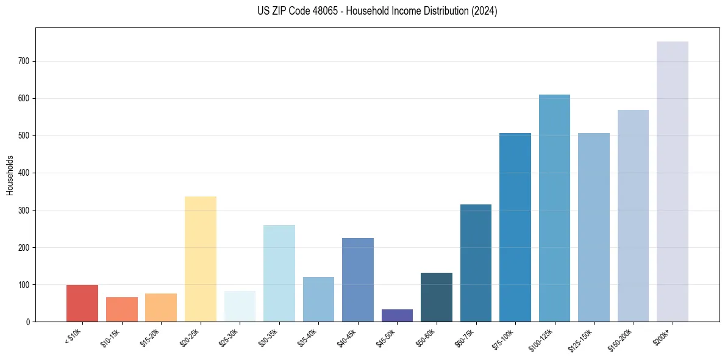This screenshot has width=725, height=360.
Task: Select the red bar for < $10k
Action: point(82,303)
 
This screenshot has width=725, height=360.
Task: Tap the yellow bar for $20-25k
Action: point(201,259)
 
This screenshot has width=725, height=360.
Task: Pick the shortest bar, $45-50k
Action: point(397,315)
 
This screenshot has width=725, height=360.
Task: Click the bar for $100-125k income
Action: point(554,208)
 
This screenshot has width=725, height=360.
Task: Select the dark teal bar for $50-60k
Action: point(437,297)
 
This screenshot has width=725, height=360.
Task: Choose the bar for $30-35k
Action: point(279,273)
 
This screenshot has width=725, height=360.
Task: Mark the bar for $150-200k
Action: point(633,216)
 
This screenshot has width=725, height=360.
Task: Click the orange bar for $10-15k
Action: point(122,309)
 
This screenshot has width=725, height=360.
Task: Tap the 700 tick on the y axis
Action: point(24,61)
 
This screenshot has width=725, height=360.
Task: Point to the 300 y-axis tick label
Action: point(24,210)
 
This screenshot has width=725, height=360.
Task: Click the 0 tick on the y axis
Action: point(28,322)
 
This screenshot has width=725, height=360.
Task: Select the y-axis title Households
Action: point(10,175)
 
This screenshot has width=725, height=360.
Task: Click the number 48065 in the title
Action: point(320,11)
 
